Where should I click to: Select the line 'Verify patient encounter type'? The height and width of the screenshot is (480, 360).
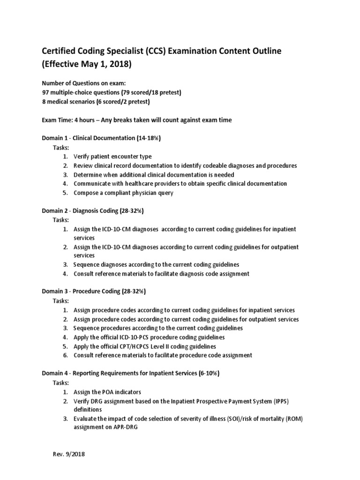pyautogui.click(x=112, y=157)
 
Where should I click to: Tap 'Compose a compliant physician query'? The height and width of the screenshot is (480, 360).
pyautogui.click(x=123, y=193)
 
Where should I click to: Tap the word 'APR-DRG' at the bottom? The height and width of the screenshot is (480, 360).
pyautogui.click(x=86, y=427)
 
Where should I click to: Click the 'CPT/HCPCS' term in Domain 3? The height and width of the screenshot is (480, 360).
pyautogui.click(x=129, y=346)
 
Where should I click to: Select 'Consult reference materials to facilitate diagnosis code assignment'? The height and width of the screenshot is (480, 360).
pyautogui.click(x=161, y=274)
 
